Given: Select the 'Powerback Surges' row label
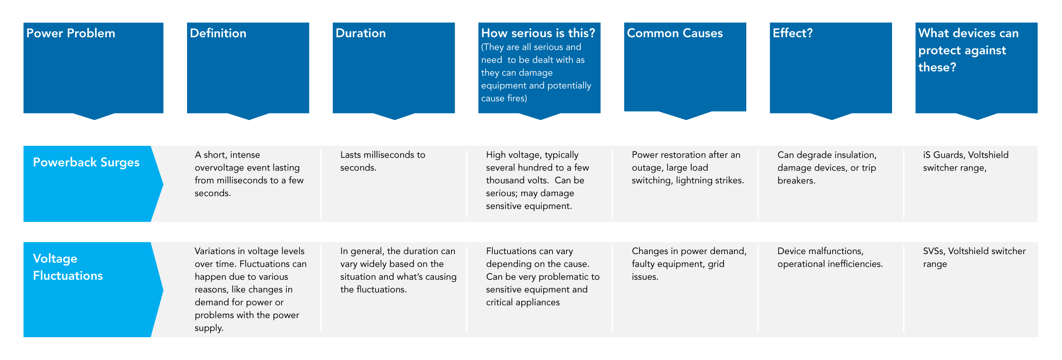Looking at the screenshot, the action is pos(86,162).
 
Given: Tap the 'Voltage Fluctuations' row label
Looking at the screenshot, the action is pos(68,267).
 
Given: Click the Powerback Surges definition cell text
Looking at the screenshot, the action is pos(249,174).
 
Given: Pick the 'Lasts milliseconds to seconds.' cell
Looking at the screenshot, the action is pos(383,161).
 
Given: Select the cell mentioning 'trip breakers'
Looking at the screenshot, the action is pos(827,168).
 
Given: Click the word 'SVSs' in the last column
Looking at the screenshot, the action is pos(933,251).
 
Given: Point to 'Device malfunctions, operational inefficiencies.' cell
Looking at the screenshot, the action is pos(830,257).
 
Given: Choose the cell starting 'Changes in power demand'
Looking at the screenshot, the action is pos(689,264).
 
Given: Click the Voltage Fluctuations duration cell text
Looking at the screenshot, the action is pos(398,270).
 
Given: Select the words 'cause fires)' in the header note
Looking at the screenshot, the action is pos(504,98).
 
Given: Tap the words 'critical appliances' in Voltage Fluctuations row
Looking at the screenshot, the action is pos(523,303).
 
